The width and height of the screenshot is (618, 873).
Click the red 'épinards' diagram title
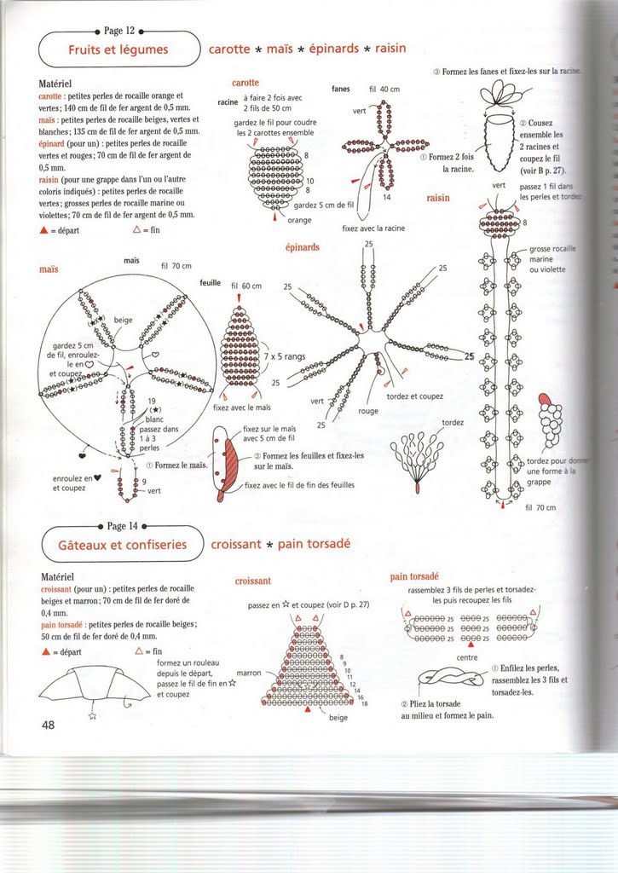(303, 247)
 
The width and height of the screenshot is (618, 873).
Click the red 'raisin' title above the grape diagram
(437, 198)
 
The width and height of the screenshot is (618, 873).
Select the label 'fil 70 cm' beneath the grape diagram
(540, 507)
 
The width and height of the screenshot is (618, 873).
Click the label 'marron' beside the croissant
(248, 672)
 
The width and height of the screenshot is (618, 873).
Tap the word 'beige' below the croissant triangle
(338, 718)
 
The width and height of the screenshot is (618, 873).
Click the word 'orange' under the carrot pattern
(298, 221)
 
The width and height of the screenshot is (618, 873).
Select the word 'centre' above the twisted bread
(467, 657)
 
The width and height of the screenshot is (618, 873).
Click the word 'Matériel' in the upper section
(60, 85)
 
